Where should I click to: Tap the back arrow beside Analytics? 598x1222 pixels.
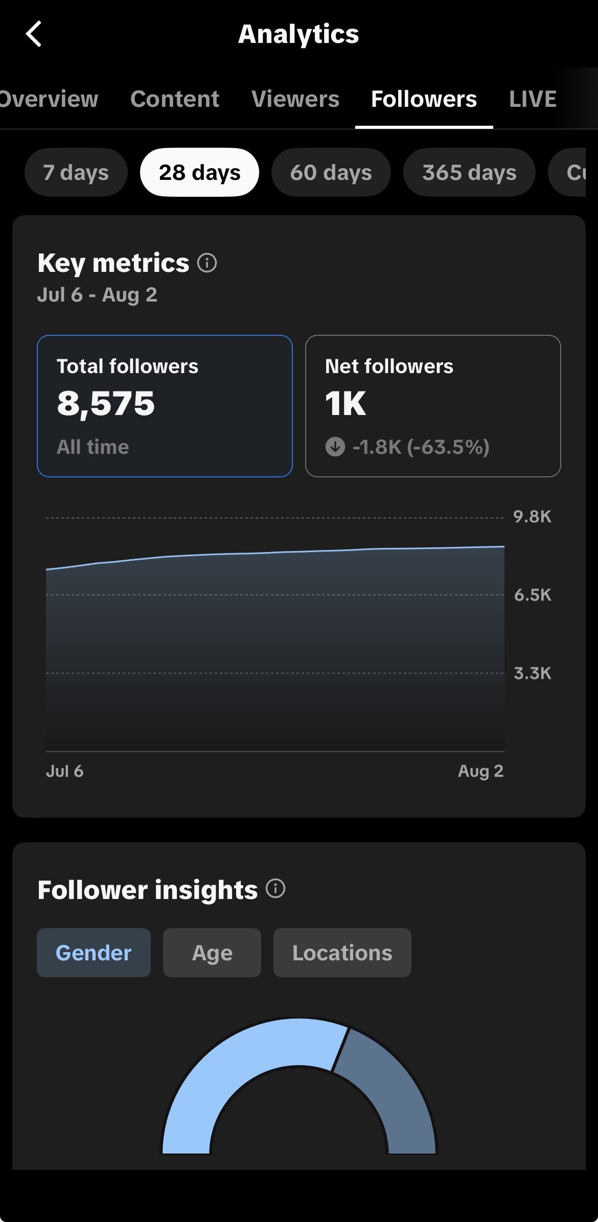(34, 34)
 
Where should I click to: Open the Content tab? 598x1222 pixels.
(175, 99)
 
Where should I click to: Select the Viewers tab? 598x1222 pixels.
(295, 99)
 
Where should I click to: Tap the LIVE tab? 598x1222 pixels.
(533, 99)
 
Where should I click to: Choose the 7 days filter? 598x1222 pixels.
(76, 172)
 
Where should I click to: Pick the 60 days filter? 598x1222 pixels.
(331, 172)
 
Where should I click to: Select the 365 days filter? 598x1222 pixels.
(469, 172)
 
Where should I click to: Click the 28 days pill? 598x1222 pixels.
(200, 172)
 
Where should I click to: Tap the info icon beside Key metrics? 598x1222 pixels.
(207, 263)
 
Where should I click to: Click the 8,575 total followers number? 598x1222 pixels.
(106, 404)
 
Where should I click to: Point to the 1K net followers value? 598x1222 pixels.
(346, 404)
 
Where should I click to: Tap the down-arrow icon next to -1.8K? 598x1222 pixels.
(335, 447)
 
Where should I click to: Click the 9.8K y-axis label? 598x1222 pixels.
(533, 517)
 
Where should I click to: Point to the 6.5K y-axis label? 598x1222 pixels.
(533, 595)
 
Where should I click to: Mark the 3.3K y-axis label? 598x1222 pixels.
(533, 673)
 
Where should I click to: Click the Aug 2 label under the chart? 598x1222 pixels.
(481, 771)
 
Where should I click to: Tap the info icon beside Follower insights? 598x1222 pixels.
(275, 888)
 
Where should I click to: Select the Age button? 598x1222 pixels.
(212, 953)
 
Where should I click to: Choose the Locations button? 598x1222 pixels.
(342, 953)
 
